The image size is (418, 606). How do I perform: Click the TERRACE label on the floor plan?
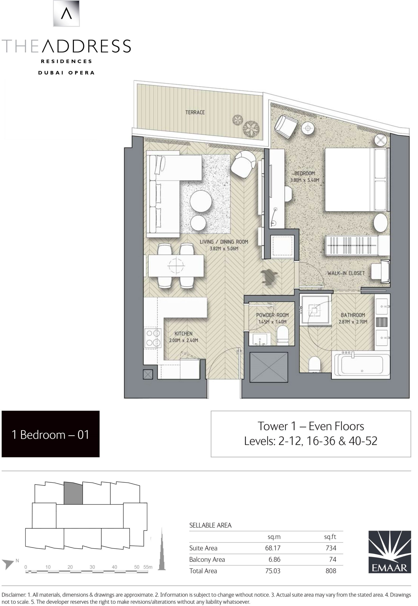click(x=195, y=112)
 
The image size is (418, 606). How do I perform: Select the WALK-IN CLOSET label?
click(x=346, y=273)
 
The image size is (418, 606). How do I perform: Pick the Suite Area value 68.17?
click(x=273, y=548)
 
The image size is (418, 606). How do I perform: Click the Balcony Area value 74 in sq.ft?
click(x=333, y=559)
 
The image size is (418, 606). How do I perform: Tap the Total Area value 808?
click(x=331, y=571)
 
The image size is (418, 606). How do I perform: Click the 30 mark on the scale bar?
click(x=92, y=567)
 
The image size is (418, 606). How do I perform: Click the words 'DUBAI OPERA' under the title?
click(x=66, y=73)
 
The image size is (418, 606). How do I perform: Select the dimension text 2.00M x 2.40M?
click(x=183, y=340)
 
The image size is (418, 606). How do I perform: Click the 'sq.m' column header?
click(x=274, y=537)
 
